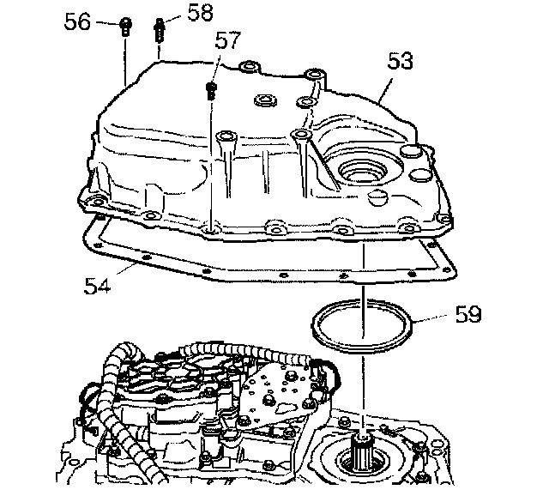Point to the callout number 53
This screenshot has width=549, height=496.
tap(400, 62)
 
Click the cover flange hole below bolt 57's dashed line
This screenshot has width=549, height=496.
tap(211, 230)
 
